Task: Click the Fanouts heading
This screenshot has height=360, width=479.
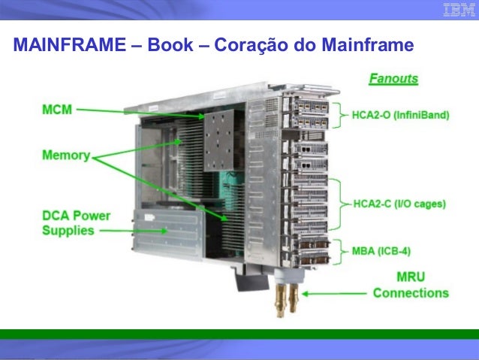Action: [x=393, y=78]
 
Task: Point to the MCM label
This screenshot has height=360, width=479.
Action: [x=57, y=110]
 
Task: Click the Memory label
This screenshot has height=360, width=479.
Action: [x=65, y=157]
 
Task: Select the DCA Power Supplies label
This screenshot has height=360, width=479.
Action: [x=75, y=222]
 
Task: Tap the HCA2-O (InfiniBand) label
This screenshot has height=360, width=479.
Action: [x=400, y=116]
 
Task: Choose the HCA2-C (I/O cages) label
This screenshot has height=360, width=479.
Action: [x=400, y=204]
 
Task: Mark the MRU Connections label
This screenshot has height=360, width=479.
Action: [x=410, y=286]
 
